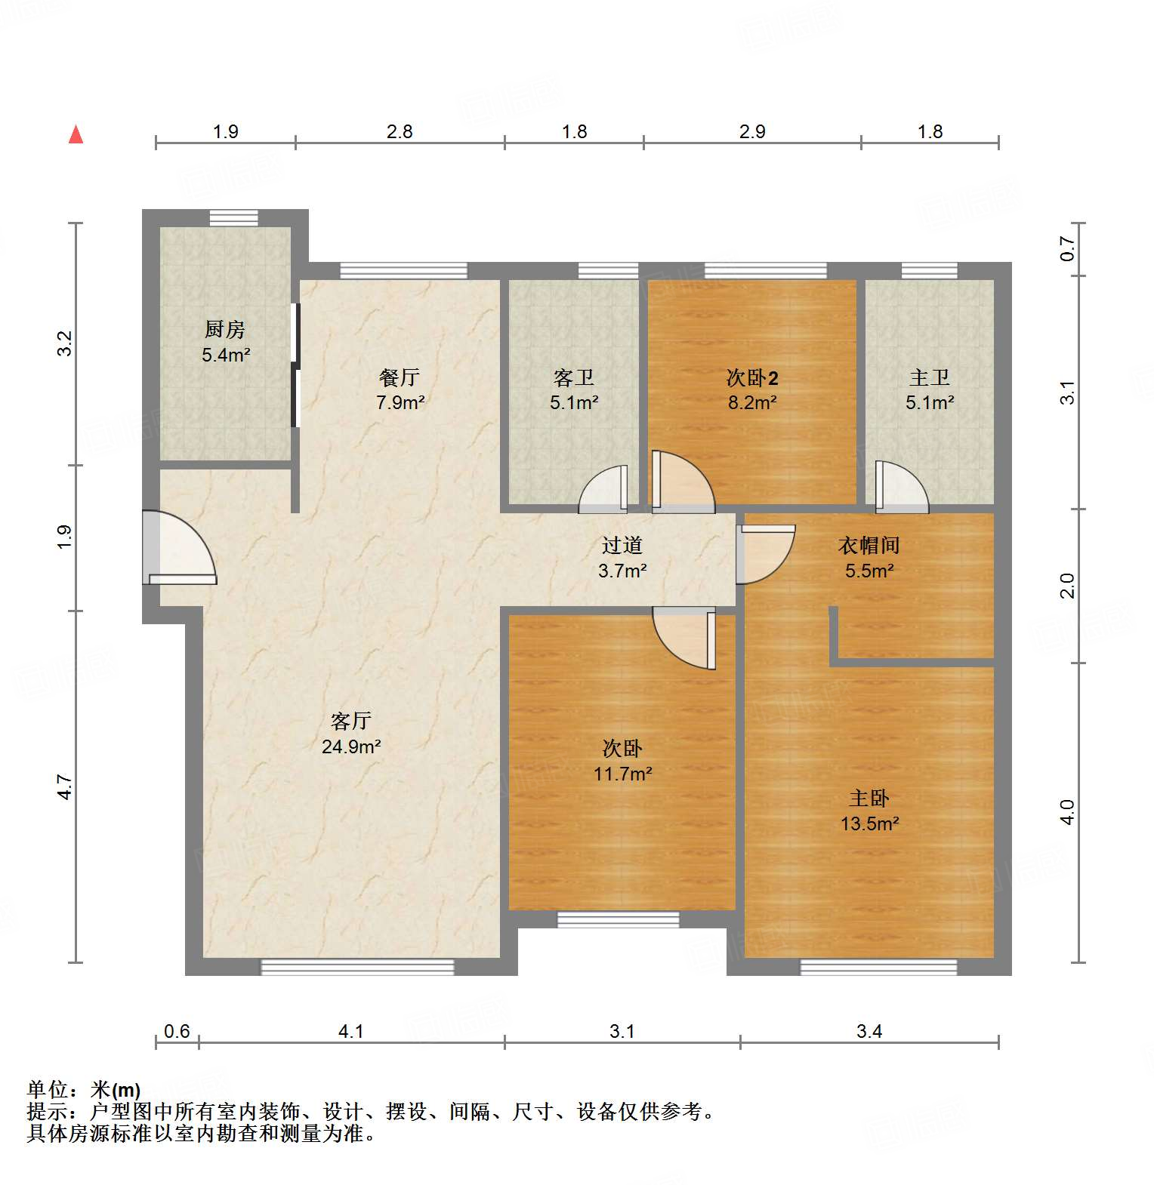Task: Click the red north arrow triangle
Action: [x=76, y=135]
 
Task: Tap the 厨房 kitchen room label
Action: [x=225, y=330]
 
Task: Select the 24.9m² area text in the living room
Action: [x=351, y=746]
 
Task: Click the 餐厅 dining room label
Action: [x=400, y=377]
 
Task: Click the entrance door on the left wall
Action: [x=177, y=547]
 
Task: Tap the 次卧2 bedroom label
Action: [x=752, y=377]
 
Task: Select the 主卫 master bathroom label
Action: [x=930, y=377]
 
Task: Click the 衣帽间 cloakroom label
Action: [x=869, y=546]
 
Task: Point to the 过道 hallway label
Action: [x=622, y=546]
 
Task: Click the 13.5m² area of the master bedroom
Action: [x=869, y=823]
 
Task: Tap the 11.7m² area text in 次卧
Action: [x=622, y=774]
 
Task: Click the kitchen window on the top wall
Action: [x=234, y=218]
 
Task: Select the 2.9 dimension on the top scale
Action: [x=752, y=132]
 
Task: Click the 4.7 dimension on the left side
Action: [x=65, y=787]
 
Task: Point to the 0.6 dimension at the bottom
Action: [x=177, y=1031]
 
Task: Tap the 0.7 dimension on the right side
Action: [x=1067, y=248]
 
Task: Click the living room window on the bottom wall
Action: [x=357, y=967]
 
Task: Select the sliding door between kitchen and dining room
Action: [x=295, y=365]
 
